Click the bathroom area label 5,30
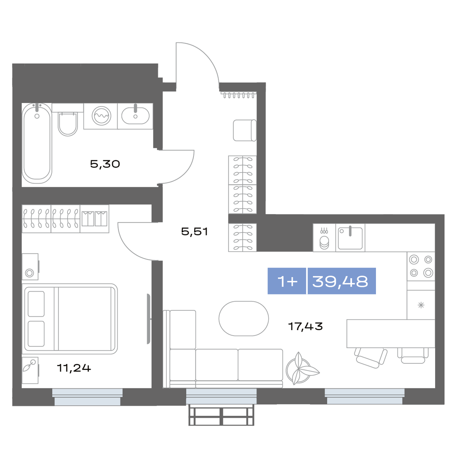coord(105,164)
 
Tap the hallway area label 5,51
coord(194,231)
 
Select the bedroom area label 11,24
coord(74,368)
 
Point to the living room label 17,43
coord(305,326)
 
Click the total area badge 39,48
coord(342,281)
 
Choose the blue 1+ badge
coord(287,281)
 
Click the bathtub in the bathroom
coord(37,143)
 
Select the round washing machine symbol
coord(102,116)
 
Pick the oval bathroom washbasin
coord(135,116)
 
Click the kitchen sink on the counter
coord(350,238)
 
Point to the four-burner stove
coord(421,266)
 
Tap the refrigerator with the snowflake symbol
coord(421,305)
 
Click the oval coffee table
coord(244,318)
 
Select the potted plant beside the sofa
coord(302,371)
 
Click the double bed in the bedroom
coord(69,319)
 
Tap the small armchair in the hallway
coord(245,130)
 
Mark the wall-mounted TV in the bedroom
coord(148,319)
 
